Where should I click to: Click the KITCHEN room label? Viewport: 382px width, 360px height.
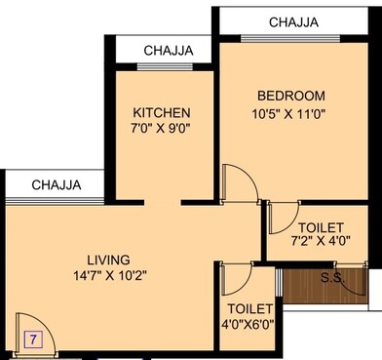pos(162,112)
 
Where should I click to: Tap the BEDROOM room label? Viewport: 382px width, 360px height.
pos(289,96)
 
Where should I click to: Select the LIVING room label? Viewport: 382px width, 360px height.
pos(108,260)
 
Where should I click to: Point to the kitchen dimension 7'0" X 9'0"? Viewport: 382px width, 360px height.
pos(162,129)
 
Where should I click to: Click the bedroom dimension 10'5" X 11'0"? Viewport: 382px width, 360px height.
pos(289,113)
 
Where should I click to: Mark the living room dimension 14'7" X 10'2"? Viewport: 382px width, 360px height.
pos(108,276)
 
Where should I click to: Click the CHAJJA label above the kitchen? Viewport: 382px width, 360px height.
pos(168,51)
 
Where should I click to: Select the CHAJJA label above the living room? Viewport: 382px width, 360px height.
pos(55,184)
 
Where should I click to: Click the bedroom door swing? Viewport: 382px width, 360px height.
pos(237,181)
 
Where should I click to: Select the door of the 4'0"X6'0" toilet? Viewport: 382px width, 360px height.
pos(236,280)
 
